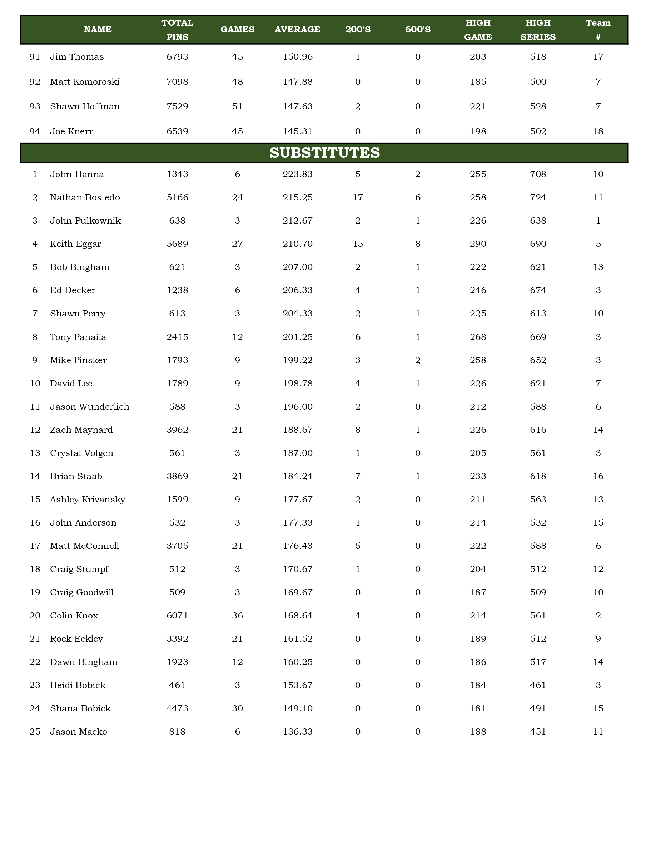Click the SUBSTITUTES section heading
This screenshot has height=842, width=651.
pyautogui.click(x=324, y=153)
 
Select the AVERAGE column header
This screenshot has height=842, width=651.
pyautogui.click(x=297, y=30)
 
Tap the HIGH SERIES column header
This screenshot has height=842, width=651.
pyautogui.click(x=538, y=30)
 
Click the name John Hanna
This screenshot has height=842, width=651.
pyautogui.click(x=77, y=174)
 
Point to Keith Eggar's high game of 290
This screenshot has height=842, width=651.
pyautogui.click(x=478, y=244)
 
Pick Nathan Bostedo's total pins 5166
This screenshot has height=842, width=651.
pyautogui.click(x=178, y=197)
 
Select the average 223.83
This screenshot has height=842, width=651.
pyautogui.click(x=297, y=174)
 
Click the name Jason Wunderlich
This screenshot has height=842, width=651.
pyautogui.click(x=89, y=407)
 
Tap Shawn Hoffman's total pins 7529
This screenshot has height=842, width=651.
pyautogui.click(x=178, y=106)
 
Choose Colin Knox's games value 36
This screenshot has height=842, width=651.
pyautogui.click(x=237, y=616)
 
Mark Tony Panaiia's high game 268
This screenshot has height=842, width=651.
pyautogui.click(x=478, y=337)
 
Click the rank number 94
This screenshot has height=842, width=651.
pyautogui.click(x=35, y=131)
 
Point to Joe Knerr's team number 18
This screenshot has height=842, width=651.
pyautogui.click(x=598, y=131)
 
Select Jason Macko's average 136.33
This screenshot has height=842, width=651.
pyautogui.click(x=297, y=732)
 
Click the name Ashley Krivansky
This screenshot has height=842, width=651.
pyautogui.click(x=88, y=500)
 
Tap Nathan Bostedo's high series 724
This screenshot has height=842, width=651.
pyautogui.click(x=538, y=197)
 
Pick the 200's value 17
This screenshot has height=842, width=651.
pyautogui.click(x=358, y=197)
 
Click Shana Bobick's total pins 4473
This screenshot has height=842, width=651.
pyautogui.click(x=178, y=708)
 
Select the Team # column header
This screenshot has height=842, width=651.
pyautogui.click(x=598, y=30)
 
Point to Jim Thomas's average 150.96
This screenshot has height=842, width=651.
pyautogui.click(x=297, y=57)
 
